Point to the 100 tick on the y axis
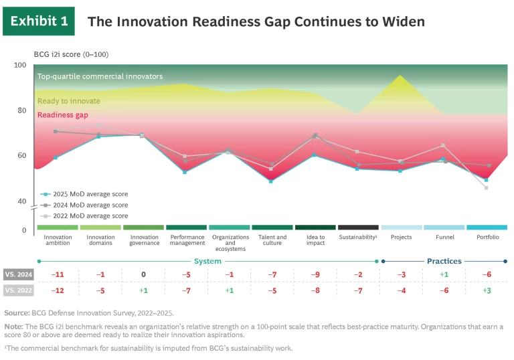pos(20,65)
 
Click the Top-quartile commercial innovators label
pos(100,76)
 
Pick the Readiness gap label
pos(64,115)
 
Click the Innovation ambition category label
pos(58,240)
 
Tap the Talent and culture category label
pos(272,240)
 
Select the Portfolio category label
pos(487,237)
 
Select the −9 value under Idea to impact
pos(315,274)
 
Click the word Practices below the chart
pos(444,261)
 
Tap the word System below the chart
pos(207,261)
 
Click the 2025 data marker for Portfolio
pos(487,180)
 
